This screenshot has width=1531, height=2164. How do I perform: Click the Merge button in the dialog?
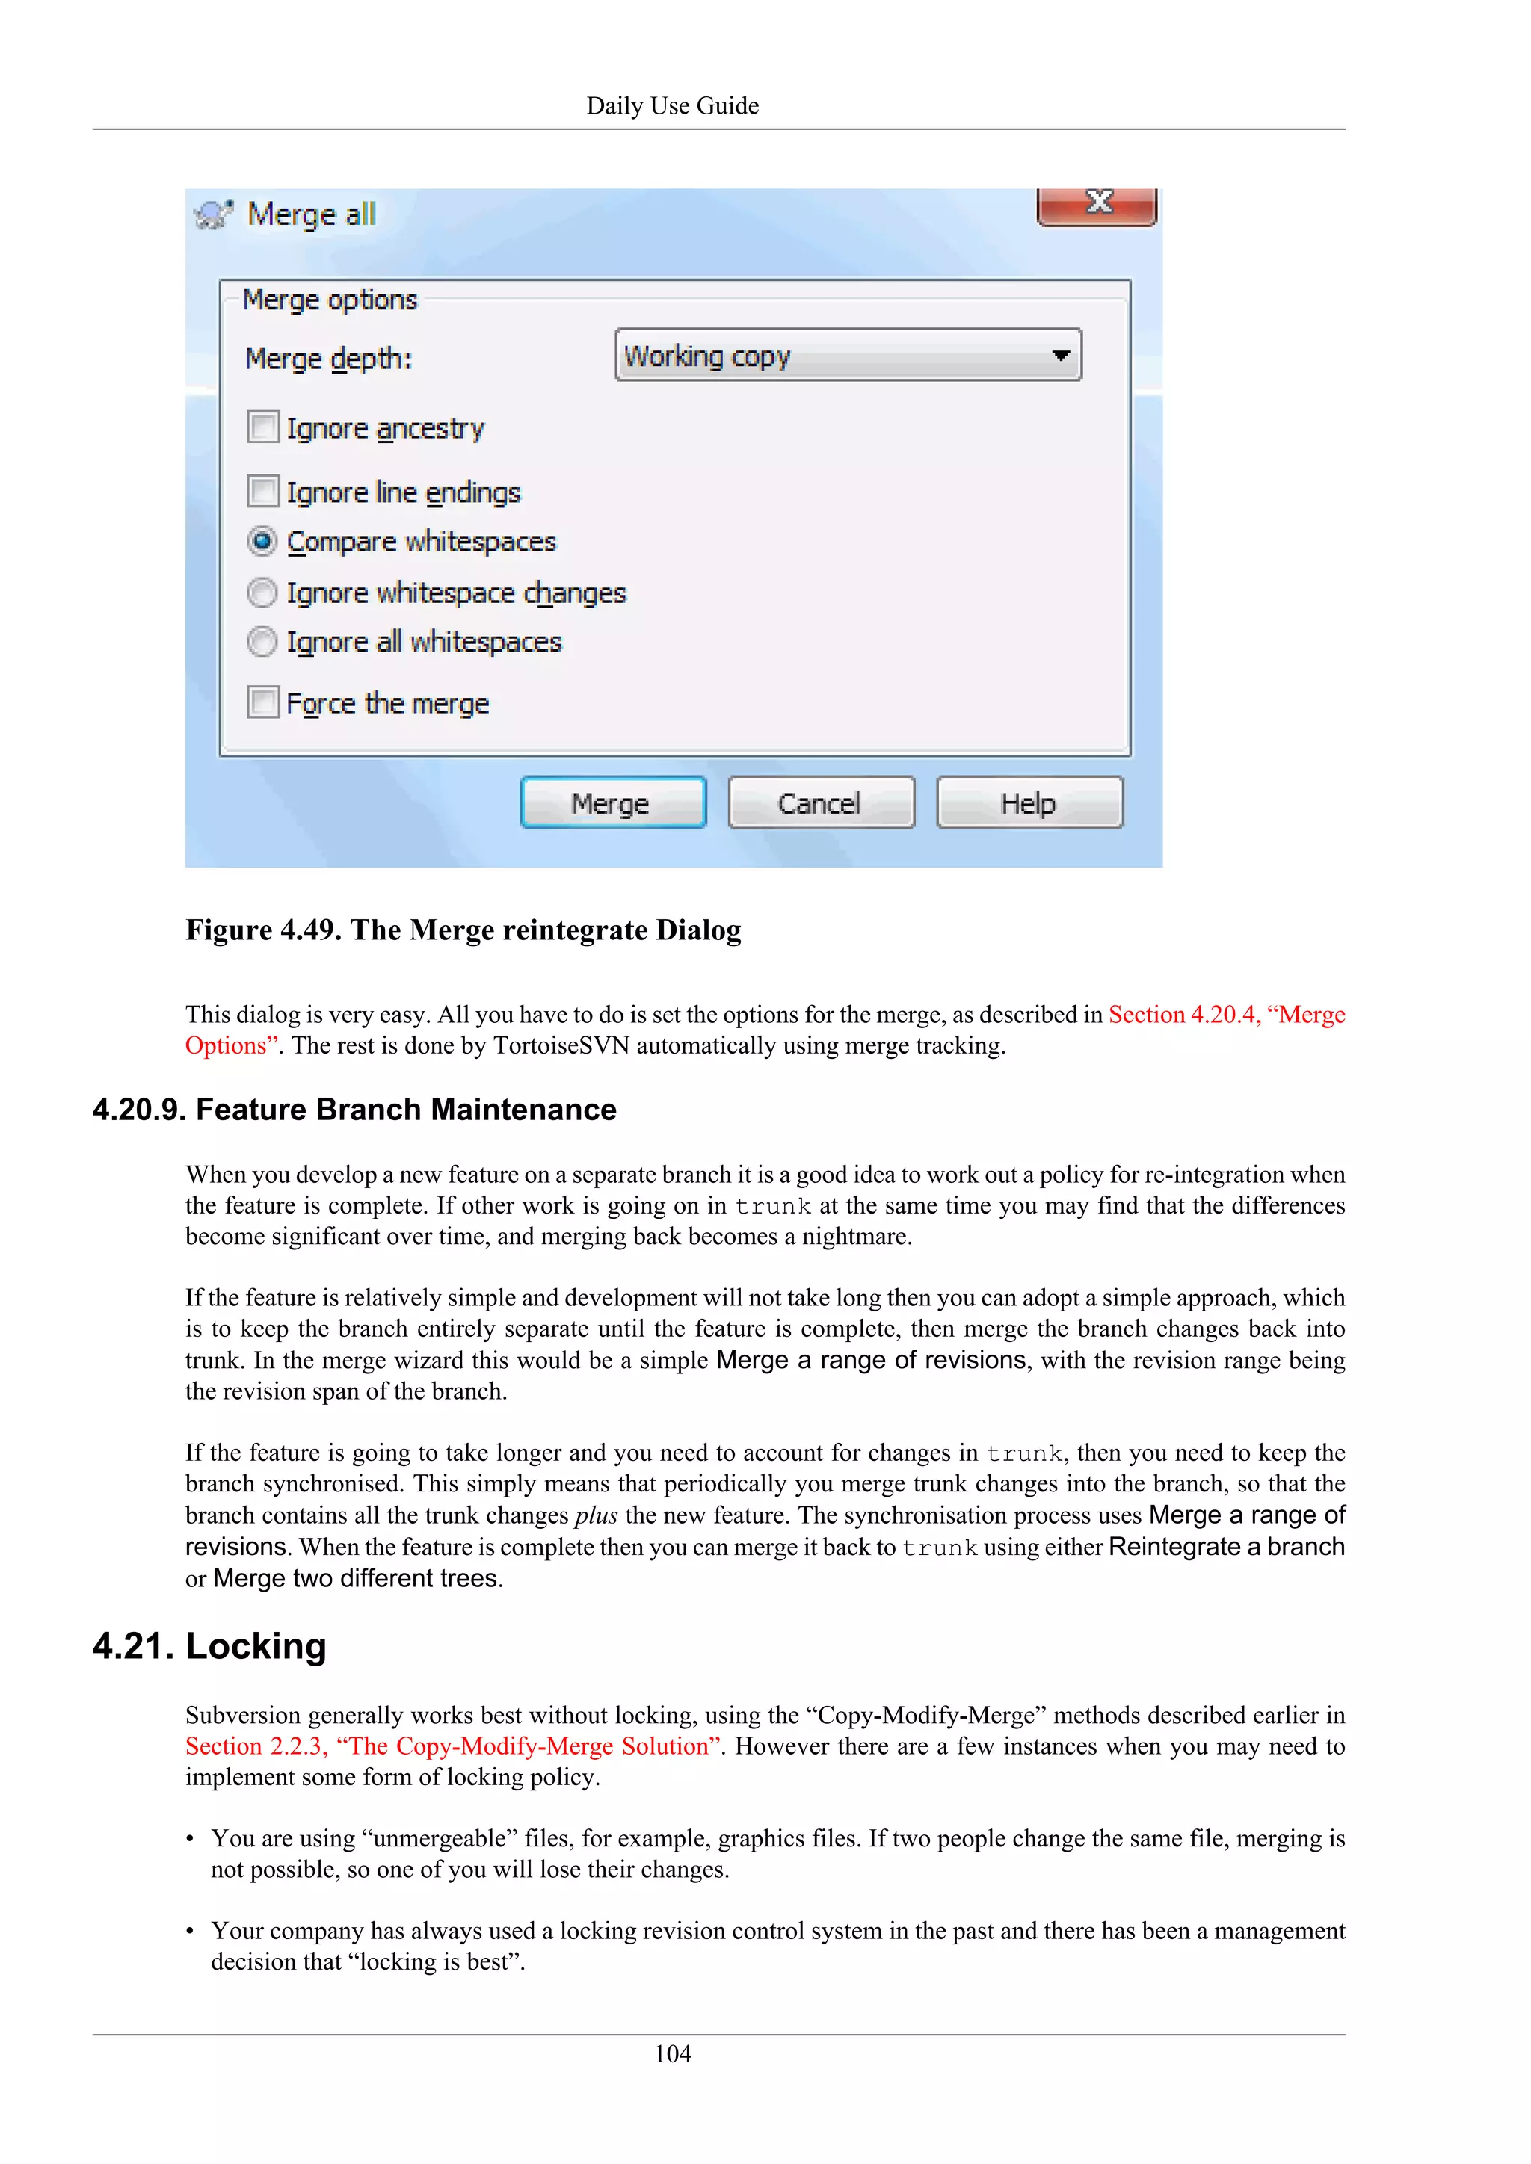click(613, 803)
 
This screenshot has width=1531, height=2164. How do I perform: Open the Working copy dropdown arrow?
click(1061, 356)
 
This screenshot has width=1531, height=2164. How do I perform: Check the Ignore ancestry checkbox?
click(263, 427)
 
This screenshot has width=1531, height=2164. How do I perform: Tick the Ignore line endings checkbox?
click(263, 491)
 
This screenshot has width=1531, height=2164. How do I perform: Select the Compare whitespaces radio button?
click(262, 542)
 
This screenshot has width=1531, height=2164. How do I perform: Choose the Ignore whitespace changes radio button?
click(262, 593)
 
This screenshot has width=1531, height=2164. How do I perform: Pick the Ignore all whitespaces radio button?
click(262, 642)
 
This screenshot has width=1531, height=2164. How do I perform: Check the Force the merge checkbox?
click(263, 702)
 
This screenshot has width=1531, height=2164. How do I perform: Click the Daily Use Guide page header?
click(672, 105)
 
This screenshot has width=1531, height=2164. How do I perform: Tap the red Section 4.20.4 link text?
click(1225, 1014)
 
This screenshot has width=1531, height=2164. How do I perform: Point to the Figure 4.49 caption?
click(463, 930)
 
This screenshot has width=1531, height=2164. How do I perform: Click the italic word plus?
click(596, 1515)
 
